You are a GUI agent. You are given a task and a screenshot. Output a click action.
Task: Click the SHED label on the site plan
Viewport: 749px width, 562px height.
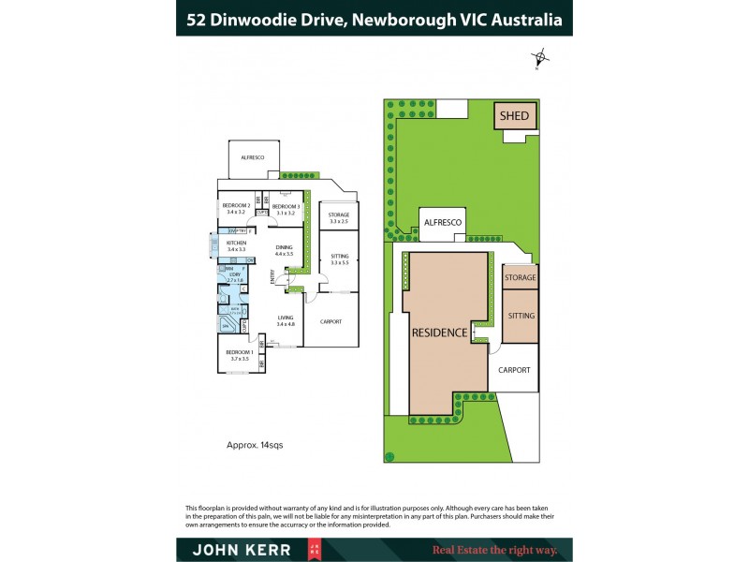(x=514, y=117)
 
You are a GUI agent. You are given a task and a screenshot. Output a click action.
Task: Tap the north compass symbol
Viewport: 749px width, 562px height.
(x=538, y=57)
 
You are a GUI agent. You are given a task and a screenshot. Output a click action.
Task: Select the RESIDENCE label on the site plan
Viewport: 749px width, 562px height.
(x=439, y=333)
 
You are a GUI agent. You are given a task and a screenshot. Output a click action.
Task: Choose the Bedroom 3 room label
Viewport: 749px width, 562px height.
(x=285, y=208)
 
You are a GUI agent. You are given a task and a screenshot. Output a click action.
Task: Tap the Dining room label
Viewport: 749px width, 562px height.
(x=284, y=249)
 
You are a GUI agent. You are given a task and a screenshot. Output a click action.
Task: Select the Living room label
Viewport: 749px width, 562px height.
(x=286, y=319)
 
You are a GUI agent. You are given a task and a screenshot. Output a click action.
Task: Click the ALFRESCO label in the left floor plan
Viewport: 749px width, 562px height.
(x=253, y=157)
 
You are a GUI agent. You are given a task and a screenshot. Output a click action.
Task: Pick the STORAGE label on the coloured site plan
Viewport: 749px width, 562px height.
(x=521, y=278)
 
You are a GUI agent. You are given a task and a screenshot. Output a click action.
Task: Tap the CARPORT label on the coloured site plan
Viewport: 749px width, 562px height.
(x=514, y=370)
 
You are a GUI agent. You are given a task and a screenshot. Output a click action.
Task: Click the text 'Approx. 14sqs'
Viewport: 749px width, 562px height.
(x=255, y=445)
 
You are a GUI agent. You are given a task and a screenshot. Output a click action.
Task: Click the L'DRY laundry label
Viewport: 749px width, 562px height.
(x=236, y=275)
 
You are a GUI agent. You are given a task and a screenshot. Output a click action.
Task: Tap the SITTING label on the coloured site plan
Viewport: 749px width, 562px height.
(x=521, y=316)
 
